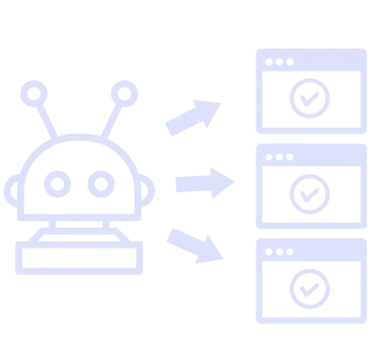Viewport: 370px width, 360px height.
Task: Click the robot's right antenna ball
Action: (x=123, y=94)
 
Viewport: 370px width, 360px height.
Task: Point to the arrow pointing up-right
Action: (x=193, y=114)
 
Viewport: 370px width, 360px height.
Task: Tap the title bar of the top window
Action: (x=310, y=59)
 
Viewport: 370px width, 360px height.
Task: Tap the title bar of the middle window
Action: (x=310, y=153)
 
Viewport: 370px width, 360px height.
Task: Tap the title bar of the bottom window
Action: (x=310, y=250)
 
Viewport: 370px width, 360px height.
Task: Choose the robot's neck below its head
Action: (x=80, y=225)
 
